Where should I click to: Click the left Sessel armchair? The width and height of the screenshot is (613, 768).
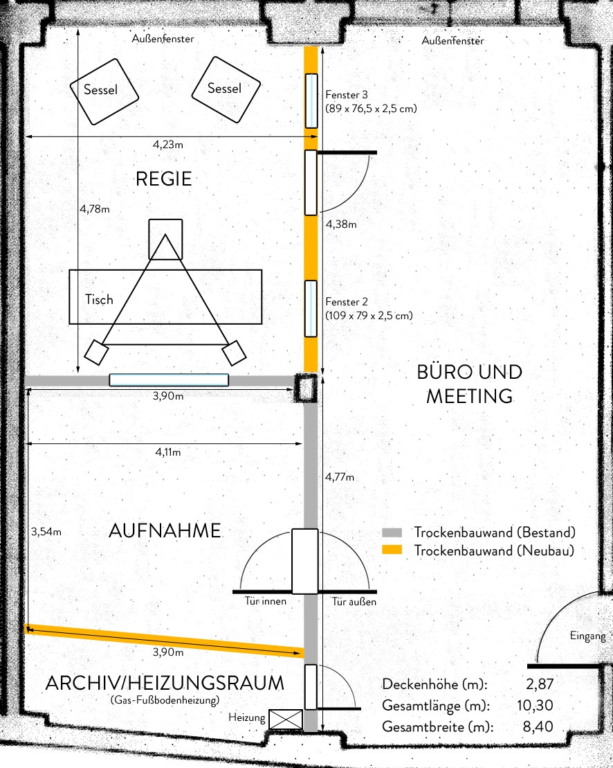coord(104,91)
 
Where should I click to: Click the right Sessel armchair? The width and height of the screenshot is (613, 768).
coord(226,89)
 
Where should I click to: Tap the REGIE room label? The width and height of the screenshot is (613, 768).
coord(163,179)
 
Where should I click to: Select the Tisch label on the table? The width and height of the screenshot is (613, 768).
coord(99,299)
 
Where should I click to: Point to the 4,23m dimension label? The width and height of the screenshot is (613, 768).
coord(168,145)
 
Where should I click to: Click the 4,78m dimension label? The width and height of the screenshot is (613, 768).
coord(95,208)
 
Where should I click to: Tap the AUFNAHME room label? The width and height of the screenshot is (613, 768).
coord(165,531)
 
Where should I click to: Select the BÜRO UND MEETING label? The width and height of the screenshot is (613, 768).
coord(470,384)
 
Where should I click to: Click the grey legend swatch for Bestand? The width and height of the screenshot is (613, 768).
coord(392,533)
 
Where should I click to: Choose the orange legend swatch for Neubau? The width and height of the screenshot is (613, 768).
coord(392,550)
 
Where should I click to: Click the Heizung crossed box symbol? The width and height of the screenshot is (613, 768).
coord(286,720)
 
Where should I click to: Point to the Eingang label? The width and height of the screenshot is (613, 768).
coord(587,636)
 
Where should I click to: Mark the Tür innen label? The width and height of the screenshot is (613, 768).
coord(266,601)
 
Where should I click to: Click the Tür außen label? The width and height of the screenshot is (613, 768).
coord(354,601)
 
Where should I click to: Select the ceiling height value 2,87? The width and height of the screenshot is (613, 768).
coord(540,684)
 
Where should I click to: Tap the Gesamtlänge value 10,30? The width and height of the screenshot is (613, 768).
coord(536,705)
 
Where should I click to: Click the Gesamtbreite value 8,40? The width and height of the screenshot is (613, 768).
coord(538,726)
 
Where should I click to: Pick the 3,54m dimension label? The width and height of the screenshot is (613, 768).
coord(46,531)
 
